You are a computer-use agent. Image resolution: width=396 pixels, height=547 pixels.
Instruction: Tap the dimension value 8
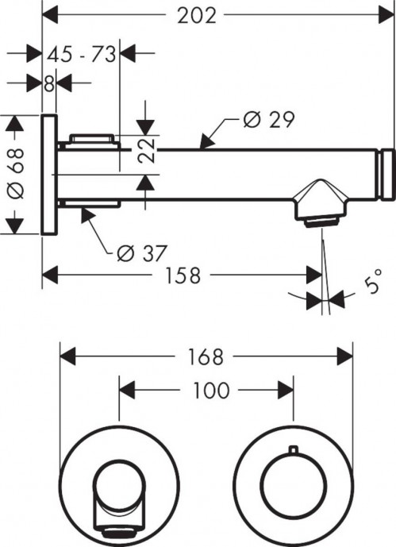(49, 83)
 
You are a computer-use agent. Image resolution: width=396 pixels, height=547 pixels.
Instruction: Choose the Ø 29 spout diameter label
(267, 120)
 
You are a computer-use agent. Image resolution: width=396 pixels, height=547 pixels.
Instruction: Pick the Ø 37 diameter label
(141, 253)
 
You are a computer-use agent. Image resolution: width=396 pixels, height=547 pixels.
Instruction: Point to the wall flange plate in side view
(48, 174)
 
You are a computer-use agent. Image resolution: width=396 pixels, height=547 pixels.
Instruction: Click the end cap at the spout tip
(388, 174)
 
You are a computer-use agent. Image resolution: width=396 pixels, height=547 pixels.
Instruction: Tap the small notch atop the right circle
(294, 452)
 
